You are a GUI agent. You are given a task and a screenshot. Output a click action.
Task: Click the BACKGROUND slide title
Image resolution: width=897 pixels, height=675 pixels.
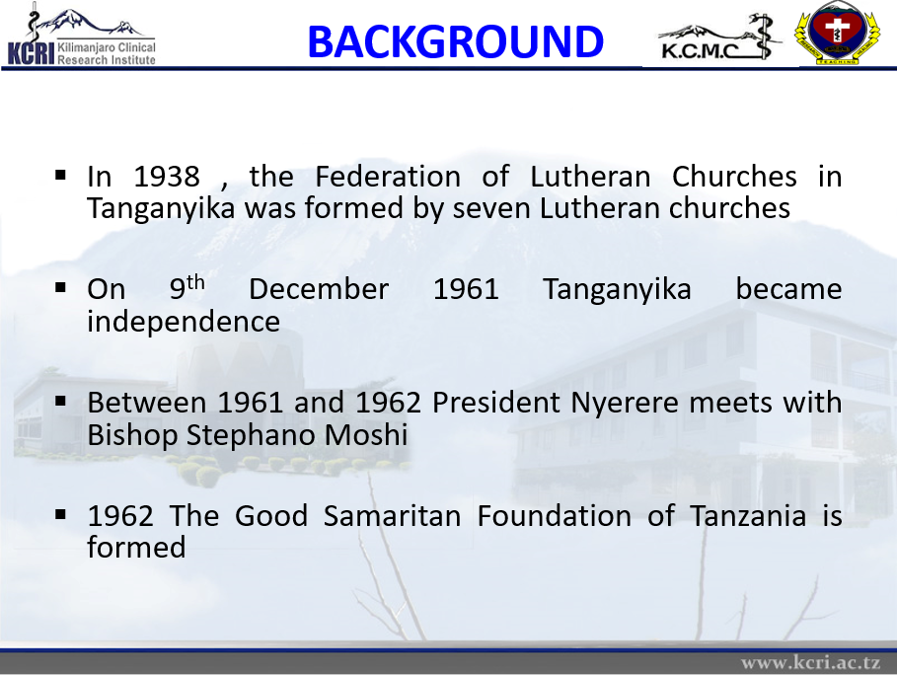tap(455, 42)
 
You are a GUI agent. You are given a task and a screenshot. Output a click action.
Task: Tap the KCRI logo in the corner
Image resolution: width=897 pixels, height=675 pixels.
tap(81, 36)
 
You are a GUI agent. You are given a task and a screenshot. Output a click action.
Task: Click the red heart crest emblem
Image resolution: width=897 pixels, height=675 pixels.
tap(837, 32)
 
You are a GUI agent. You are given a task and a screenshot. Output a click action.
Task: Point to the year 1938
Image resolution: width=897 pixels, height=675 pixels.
tap(167, 177)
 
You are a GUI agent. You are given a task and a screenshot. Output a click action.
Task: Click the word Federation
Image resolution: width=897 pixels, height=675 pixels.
tap(388, 177)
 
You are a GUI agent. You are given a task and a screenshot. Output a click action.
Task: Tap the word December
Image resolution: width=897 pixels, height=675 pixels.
tap(319, 289)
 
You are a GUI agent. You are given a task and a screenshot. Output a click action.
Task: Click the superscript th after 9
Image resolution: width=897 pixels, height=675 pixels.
tap(195, 282)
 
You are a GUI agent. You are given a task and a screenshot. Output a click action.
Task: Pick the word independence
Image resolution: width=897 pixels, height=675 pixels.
tap(184, 321)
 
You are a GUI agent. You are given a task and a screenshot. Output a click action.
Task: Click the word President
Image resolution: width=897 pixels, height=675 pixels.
tap(496, 403)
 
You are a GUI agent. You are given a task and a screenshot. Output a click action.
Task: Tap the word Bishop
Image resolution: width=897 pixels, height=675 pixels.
tap(132, 435)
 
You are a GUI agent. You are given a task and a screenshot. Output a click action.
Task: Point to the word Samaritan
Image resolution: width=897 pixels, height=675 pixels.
tap(392, 515)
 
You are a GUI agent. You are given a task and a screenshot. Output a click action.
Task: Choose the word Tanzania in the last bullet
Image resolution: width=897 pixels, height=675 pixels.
tap(748, 515)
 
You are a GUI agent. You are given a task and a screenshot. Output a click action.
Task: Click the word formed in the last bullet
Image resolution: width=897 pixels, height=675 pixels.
tap(136, 547)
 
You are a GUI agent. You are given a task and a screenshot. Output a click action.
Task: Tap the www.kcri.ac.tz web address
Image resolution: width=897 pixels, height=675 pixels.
tap(810, 662)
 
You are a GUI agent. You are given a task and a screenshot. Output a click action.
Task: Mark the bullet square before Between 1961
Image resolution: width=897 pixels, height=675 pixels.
tap(60, 401)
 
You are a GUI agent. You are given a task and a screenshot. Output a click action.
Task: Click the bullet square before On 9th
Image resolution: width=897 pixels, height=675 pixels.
tap(60, 288)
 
